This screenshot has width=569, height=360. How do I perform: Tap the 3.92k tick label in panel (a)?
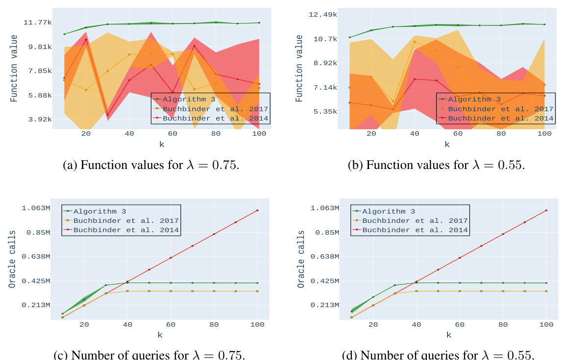point(40,119)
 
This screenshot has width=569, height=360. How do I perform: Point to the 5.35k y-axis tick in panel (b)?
point(326,112)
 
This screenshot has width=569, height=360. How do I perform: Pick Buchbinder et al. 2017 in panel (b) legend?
point(500,109)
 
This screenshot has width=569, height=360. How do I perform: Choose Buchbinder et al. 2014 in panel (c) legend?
point(126,230)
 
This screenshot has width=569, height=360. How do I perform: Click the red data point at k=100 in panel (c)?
point(257,211)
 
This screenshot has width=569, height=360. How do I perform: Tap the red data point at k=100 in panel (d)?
point(546,211)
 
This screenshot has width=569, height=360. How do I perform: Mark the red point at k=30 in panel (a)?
point(108,115)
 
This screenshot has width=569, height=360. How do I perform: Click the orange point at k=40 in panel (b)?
point(415,42)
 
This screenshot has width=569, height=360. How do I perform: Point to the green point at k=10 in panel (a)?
point(64,34)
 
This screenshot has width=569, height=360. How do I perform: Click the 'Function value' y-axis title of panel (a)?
point(14,69)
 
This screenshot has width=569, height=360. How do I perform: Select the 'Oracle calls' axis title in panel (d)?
point(301,259)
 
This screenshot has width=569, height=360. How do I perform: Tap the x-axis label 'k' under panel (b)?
point(447,144)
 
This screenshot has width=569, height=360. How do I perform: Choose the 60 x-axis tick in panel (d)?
point(459,324)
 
